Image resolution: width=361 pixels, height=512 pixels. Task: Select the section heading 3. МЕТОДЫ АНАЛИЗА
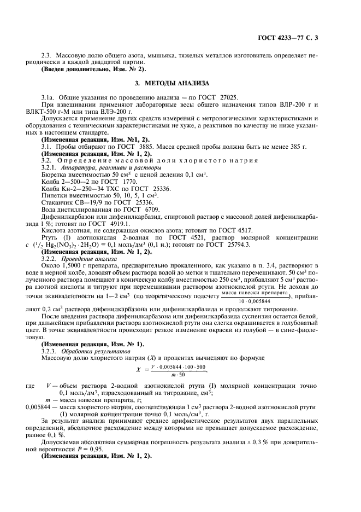click(x=180, y=83)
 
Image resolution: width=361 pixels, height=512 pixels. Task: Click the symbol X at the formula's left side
click(x=139, y=369)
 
